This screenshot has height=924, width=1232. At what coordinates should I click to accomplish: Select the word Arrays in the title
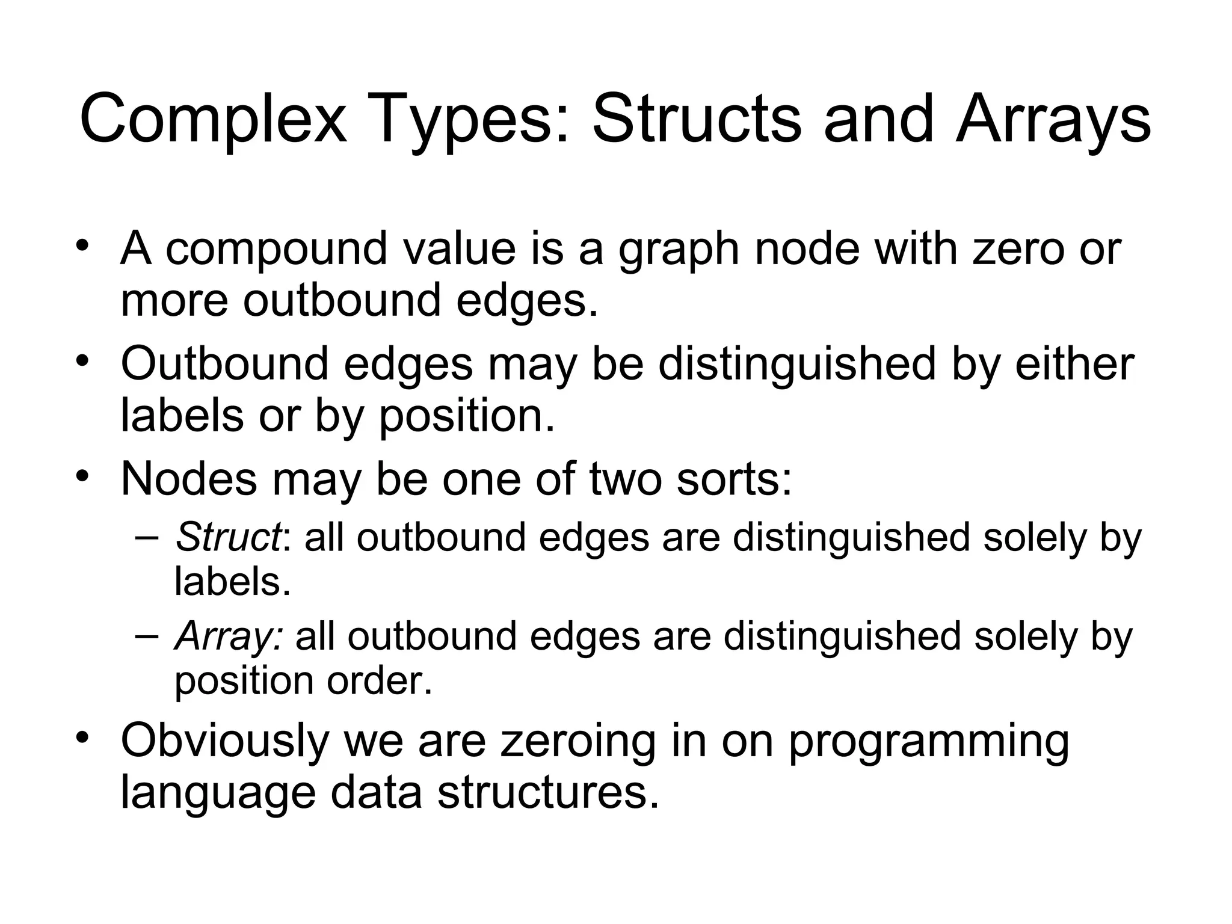point(1053,120)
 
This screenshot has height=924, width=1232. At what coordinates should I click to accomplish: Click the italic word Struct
point(227,537)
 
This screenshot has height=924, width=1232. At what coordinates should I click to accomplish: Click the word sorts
point(734,479)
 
